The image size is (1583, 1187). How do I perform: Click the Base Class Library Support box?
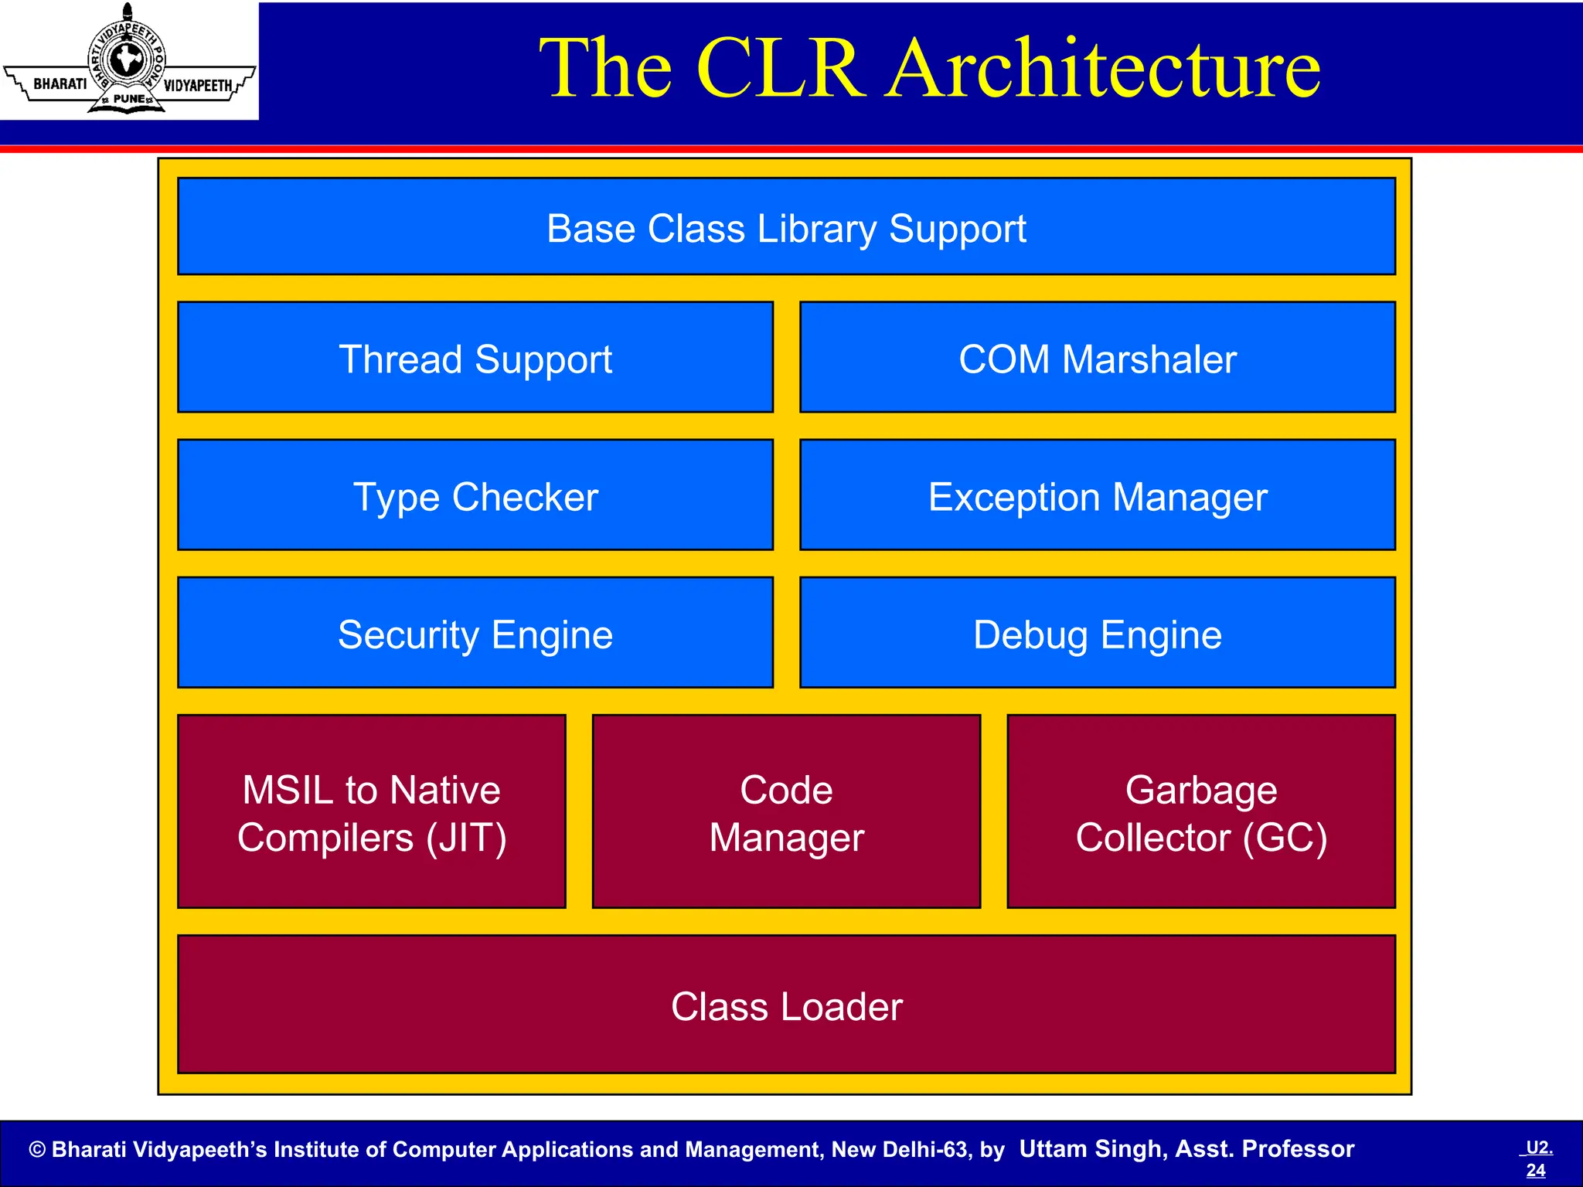786,226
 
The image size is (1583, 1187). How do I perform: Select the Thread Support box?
475,357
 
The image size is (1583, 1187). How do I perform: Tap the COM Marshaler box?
1098,357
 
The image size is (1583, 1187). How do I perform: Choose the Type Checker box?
475,495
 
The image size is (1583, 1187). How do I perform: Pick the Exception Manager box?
1098,495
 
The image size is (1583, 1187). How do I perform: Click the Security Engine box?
475,632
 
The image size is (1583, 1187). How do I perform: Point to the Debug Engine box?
1098,632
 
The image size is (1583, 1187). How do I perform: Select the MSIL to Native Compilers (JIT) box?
372,811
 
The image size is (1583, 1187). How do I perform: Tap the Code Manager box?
786,811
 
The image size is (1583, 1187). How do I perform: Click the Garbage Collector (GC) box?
1201,811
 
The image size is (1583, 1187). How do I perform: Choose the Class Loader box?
786,1005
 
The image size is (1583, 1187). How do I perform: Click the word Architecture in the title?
1103,70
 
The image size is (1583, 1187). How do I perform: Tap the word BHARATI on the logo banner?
60,83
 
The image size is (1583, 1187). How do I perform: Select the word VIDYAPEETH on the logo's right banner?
198,85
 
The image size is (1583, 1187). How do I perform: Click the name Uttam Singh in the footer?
1091,1149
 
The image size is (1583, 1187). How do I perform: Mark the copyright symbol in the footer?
37,1150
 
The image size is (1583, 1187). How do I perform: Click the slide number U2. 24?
1537,1158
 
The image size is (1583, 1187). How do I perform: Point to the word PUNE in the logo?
128,99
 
